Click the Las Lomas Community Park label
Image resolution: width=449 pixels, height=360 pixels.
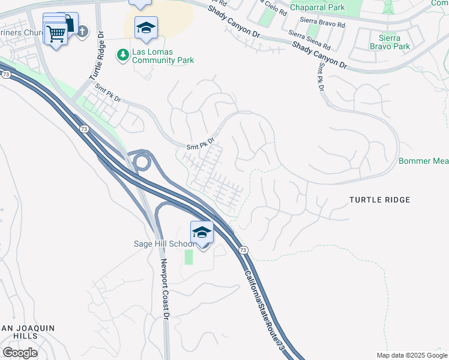152,56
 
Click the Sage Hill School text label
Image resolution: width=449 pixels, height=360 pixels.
163,244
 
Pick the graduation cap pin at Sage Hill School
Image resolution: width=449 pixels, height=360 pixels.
202,233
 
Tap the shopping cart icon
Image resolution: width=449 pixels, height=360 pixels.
56,34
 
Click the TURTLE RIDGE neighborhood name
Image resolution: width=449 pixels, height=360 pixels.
380,199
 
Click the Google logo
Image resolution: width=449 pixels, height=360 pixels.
20,352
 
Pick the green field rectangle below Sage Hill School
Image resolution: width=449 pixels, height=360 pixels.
189,257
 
